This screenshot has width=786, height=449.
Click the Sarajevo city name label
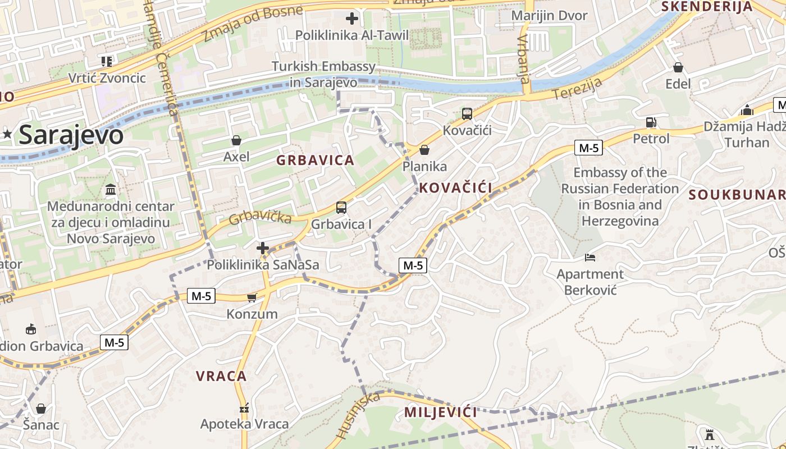71,135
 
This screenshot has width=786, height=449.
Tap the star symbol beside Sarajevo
7,134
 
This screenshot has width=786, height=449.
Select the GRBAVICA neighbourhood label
315,161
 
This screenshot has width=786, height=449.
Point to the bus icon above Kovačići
467,114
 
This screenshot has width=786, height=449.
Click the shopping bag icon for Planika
424,150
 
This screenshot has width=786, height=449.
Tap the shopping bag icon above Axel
236,140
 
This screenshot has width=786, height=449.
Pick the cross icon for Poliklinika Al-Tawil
352,19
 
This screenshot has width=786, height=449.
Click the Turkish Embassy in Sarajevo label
324,74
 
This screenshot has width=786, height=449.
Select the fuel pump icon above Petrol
651,122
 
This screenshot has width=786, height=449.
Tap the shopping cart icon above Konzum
252,297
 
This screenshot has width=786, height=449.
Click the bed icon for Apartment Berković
590,258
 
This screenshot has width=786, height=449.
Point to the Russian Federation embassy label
620,196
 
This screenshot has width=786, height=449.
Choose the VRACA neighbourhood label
221,376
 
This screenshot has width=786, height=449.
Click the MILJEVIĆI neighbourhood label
441,413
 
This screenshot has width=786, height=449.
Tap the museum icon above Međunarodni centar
111,189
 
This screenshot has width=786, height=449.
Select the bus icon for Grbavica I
341,208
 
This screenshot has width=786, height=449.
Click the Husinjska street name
358,416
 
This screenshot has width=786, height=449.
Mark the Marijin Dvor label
549,16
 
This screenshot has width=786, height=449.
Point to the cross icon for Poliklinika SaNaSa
263,248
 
